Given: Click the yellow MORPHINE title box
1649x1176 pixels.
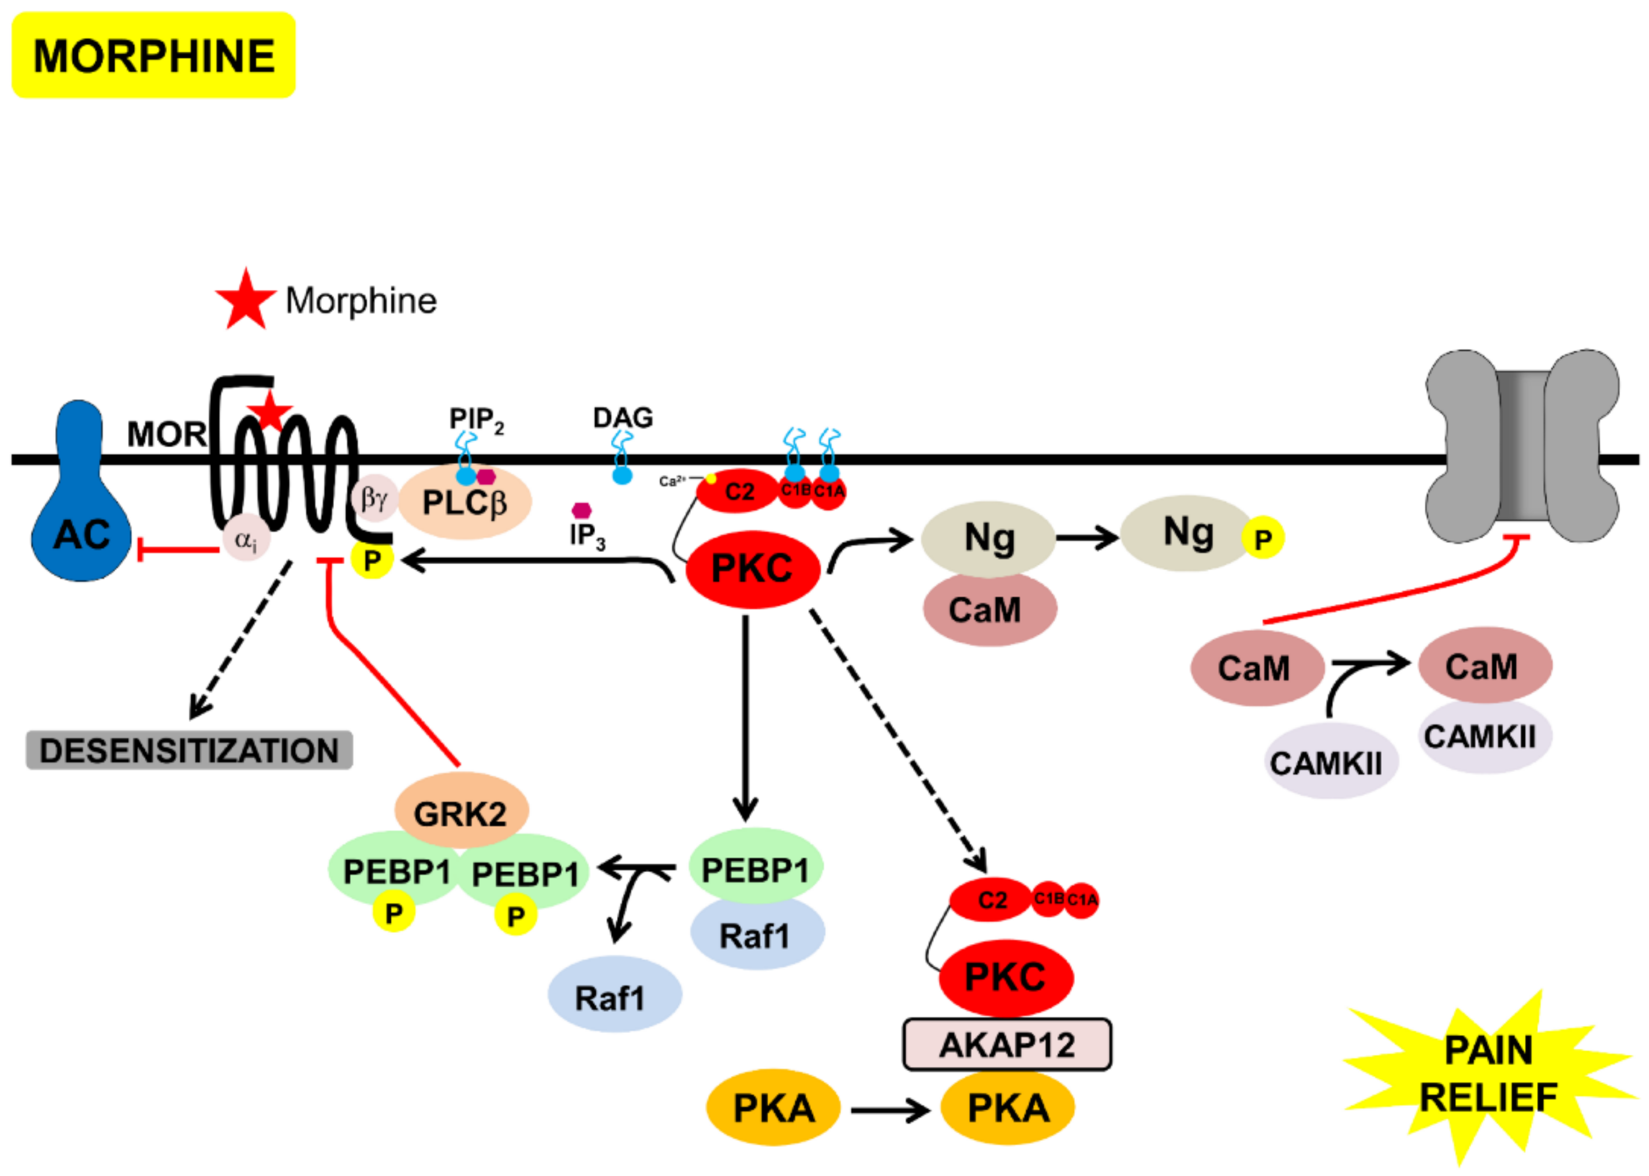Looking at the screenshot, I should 154,55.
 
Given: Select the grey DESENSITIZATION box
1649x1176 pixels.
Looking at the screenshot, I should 189,750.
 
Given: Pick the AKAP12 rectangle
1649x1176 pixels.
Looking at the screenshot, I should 1007,1045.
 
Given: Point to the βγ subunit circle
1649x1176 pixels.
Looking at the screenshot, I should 375,498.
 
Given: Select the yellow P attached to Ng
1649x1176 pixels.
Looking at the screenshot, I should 1263,538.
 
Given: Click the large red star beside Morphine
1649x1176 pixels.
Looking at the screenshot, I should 246,300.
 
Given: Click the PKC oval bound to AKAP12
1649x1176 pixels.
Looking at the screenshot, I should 1005,977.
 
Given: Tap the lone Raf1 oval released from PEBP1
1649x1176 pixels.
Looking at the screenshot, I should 614,996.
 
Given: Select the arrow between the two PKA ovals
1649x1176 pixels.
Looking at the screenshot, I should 890,1109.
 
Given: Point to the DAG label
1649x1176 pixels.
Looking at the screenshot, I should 622,418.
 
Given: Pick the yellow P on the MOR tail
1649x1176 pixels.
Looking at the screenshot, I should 372,560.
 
